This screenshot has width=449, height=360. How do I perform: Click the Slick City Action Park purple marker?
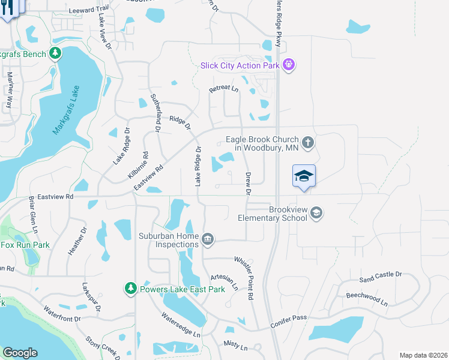[289, 64]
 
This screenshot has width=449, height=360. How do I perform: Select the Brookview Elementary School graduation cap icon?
[317, 213]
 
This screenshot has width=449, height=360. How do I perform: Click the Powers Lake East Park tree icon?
[131, 289]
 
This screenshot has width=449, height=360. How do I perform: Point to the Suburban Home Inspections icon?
[208, 239]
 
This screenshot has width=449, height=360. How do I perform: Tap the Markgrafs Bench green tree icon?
[55, 54]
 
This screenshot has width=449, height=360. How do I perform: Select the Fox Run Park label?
[25, 245]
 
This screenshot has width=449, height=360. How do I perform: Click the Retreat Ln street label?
[223, 89]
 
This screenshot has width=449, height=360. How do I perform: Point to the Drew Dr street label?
[247, 184]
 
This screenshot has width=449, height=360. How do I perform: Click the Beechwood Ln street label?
[366, 295]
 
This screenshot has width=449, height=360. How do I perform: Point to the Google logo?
[20, 353]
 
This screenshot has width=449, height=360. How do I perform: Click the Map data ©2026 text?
[423, 355]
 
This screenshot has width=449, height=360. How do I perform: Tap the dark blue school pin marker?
[304, 176]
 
